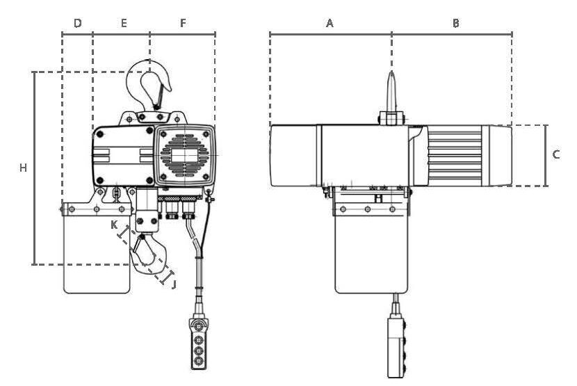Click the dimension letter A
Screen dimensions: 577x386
330,23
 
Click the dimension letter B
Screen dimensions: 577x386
455,23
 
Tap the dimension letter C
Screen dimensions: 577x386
556,154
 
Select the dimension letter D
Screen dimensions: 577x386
78,23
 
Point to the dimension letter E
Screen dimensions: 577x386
124,23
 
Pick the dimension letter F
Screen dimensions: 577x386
183,23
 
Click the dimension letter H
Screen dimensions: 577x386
23,168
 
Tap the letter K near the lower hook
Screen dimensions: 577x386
115,225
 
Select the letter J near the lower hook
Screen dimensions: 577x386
174,284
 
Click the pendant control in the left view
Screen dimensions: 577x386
199,344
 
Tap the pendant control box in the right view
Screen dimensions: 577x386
397,347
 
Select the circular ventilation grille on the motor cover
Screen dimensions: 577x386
185,154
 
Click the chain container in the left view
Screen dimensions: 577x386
97,248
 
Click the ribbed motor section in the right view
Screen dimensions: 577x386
455,155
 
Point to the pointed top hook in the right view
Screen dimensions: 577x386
391,92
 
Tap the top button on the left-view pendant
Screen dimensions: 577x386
199,326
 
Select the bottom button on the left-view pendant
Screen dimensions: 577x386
199,360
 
